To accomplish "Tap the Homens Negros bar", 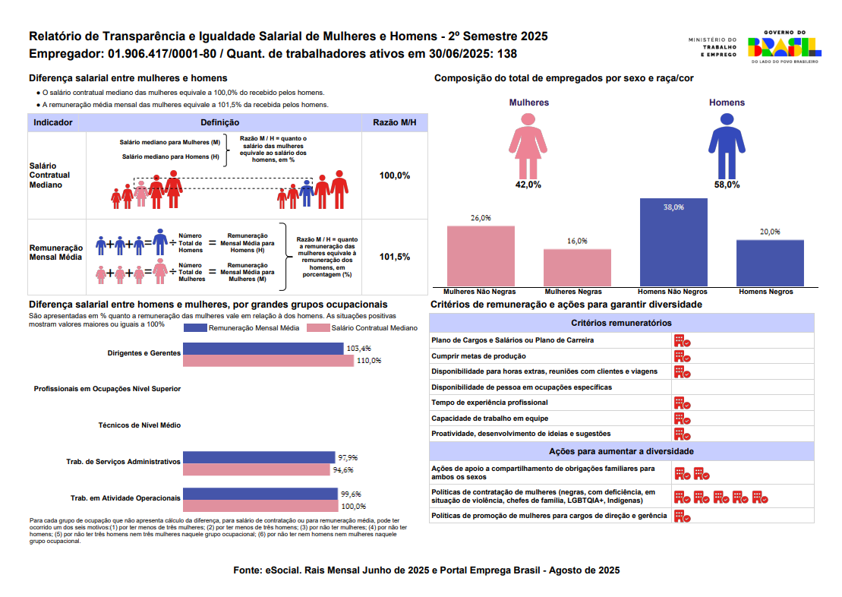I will pyautogui.click(x=770, y=263).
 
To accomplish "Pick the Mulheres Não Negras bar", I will pyautogui.click(x=481, y=256).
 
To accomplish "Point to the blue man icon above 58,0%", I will pyautogui.click(x=727, y=144).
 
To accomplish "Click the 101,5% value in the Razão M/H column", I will pyautogui.click(x=395, y=257).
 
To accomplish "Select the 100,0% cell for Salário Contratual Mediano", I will pyautogui.click(x=395, y=175).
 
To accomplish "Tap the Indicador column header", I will pyautogui.click(x=53, y=122).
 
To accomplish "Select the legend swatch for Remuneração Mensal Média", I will pyautogui.click(x=195, y=328).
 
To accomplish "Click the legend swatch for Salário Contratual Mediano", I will pyautogui.click(x=317, y=328).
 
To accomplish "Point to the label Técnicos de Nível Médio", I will pyautogui.click(x=140, y=425).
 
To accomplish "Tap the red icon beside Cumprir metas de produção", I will pyautogui.click(x=682, y=356).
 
